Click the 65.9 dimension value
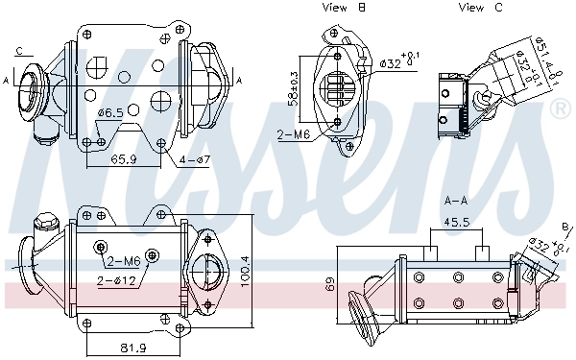[x=122, y=159]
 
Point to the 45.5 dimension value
[x=456, y=222]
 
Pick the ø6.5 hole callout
[x=109, y=113]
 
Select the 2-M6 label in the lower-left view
[x=123, y=261]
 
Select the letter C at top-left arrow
[x=20, y=50]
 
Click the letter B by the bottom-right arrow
[x=565, y=227]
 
